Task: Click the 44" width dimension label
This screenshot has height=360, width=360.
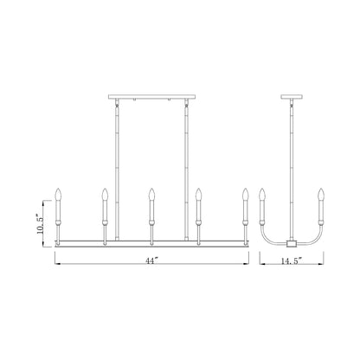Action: tap(152, 260)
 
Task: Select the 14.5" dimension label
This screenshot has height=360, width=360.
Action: tap(292, 260)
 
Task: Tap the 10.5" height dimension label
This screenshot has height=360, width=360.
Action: tap(40, 224)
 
